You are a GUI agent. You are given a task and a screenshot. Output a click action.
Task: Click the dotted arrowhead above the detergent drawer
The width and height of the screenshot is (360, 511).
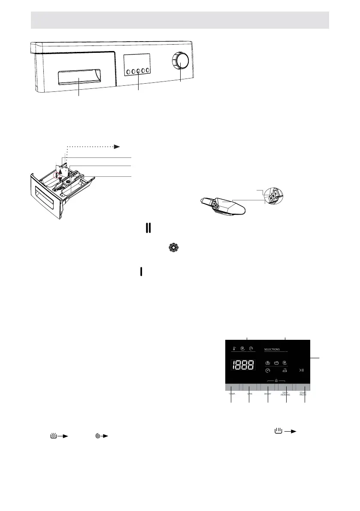117,147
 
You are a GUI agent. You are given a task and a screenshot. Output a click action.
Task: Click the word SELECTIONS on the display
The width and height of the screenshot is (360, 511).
272,350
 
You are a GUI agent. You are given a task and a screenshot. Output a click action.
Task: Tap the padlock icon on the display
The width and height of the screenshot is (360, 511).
277,380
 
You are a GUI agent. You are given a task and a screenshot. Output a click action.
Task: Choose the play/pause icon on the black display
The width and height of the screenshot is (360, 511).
301,369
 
